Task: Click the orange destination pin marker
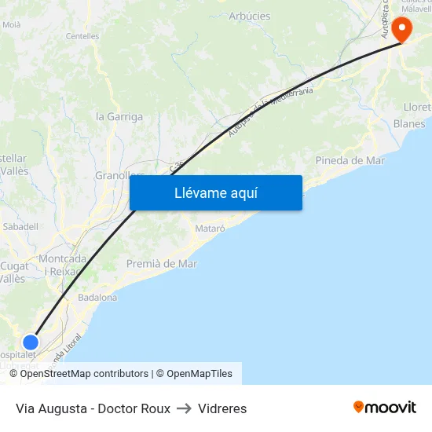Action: point(401,30)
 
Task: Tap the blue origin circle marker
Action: point(31,342)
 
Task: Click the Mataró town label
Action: point(210,229)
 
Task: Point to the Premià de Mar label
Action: point(162,264)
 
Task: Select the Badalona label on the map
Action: point(97,298)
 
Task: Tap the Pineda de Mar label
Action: point(350,160)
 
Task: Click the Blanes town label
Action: point(409,124)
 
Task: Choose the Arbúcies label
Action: point(249,16)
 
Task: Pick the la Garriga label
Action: point(119,117)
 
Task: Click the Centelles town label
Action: point(82,36)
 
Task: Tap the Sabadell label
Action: point(21,226)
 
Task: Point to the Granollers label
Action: point(115,175)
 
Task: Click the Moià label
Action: point(12,25)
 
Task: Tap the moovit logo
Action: point(385,408)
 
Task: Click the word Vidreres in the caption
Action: point(222,408)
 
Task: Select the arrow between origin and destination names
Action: point(185,408)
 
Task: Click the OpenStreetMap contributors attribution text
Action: point(84,374)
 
